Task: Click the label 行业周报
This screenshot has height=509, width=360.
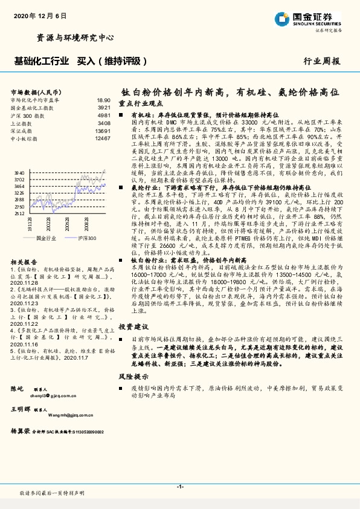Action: coord(322,62)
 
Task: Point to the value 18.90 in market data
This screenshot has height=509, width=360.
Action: coord(103,100)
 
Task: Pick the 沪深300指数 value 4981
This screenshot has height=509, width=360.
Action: coord(104,114)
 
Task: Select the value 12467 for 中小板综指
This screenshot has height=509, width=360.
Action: coord(103,138)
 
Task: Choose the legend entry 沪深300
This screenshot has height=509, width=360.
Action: coord(87,239)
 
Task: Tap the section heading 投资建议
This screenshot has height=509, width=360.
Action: coord(133,326)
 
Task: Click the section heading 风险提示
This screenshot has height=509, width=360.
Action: coord(133,376)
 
